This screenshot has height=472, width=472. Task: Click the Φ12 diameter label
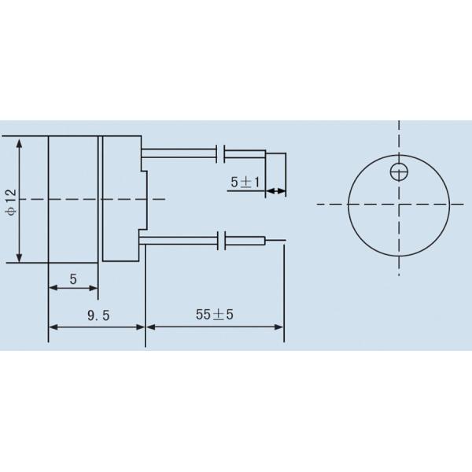point(10,201)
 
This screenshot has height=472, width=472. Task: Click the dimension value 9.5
point(98,315)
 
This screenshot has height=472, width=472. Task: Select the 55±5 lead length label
point(215,315)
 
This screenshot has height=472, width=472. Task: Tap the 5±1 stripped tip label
point(245,182)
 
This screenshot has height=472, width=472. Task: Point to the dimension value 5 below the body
point(73,278)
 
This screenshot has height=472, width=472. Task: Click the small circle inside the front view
point(400,169)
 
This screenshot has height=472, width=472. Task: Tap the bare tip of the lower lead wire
point(275,241)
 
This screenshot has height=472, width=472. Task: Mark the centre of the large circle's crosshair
point(400,204)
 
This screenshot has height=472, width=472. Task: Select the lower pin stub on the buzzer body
point(142,234)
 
